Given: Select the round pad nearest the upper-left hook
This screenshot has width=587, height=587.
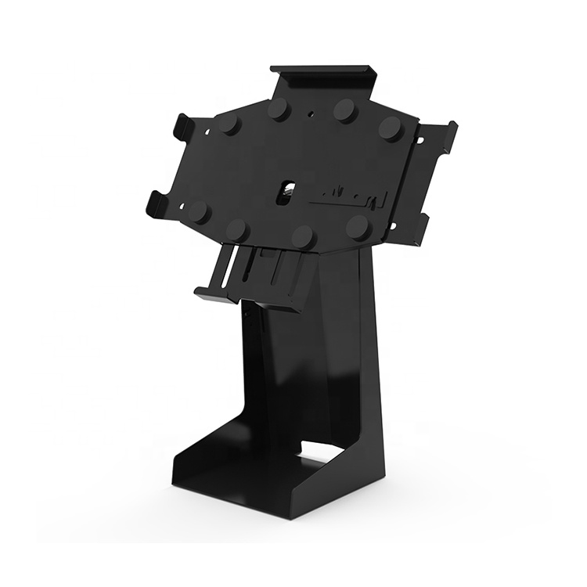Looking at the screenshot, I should [229, 124].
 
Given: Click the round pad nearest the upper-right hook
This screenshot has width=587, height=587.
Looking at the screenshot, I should [391, 128].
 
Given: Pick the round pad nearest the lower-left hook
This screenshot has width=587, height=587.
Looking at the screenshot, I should [200, 211].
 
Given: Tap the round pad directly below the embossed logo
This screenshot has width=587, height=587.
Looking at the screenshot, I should [358, 227].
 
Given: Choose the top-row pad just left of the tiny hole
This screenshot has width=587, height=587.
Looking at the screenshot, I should [279, 109].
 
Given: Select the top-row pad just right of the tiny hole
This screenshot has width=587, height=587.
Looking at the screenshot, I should [345, 110].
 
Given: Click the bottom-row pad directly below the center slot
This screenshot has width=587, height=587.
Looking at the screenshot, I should [303, 236].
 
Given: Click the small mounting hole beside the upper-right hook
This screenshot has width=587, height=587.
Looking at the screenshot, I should [420, 141].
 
